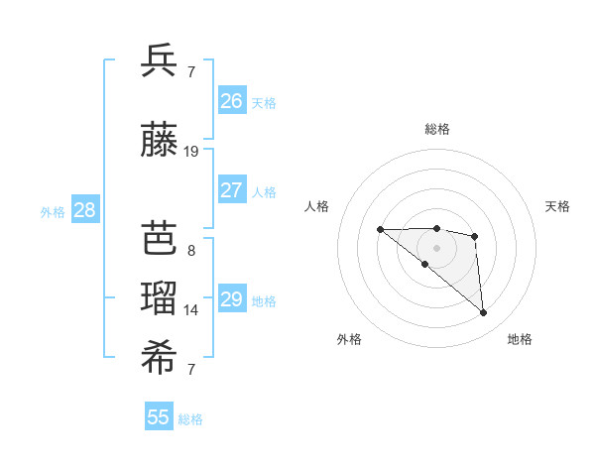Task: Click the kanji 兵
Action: [160, 61]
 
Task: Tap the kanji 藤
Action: [160, 142]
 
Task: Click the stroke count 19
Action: [191, 152]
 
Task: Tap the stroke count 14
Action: [191, 310]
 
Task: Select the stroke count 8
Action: [191, 250]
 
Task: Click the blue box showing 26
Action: [232, 100]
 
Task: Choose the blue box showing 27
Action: [232, 190]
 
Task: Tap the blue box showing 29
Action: [232, 299]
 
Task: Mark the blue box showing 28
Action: [84, 210]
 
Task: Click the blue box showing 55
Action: [159, 417]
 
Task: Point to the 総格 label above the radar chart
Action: [437, 129]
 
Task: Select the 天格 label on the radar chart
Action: [558, 206]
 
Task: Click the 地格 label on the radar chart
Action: [520, 340]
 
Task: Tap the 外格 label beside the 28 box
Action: [53, 211]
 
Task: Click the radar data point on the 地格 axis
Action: [484, 313]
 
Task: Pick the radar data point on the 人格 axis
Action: [381, 230]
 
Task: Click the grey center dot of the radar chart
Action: [437, 247]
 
